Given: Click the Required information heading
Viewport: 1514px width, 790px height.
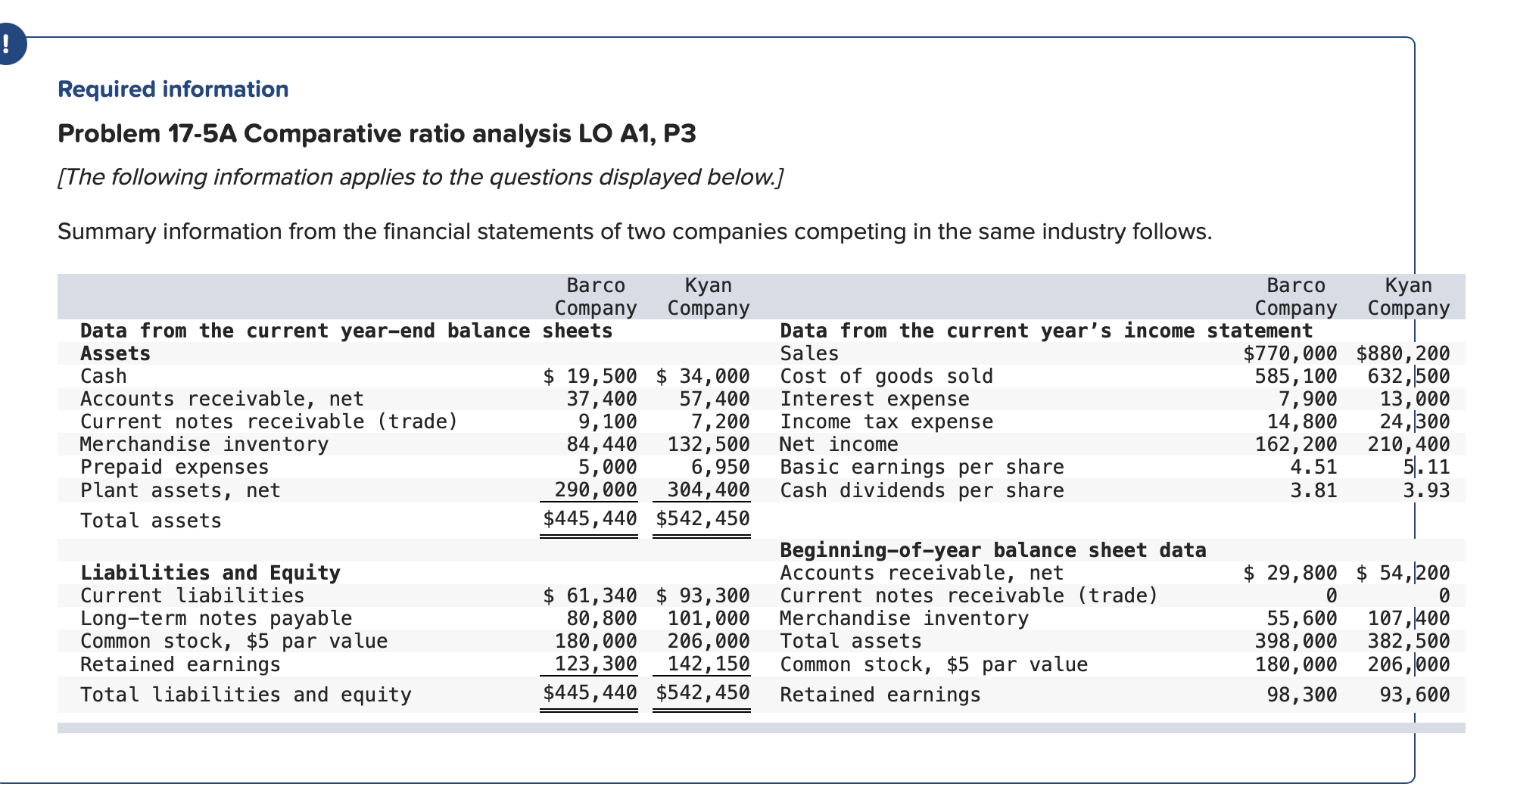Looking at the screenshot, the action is point(173,89).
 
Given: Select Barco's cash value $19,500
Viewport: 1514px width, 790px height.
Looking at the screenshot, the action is point(590,376).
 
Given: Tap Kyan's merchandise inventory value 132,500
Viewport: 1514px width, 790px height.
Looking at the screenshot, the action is point(709,444).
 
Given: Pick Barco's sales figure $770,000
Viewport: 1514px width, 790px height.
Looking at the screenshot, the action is point(1291,353).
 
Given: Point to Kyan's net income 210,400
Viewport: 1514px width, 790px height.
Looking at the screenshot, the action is point(1409,444).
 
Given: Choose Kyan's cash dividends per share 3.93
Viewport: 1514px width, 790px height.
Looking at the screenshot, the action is point(1426,490).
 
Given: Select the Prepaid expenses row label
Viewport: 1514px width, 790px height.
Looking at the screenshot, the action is point(174,467).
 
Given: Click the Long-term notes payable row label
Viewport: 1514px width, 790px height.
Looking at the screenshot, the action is point(216,618).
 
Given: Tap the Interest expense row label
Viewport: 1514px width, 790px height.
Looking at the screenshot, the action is point(874,399).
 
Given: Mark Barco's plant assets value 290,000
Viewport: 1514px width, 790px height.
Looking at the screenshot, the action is point(596,490).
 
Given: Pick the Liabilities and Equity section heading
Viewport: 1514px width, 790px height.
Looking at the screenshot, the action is point(210,573).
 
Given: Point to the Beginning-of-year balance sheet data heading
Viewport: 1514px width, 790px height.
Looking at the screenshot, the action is point(992,550).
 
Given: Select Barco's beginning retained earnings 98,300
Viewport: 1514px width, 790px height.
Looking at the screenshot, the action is point(1302,695).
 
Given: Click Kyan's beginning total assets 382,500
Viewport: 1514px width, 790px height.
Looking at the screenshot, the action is point(1409,641).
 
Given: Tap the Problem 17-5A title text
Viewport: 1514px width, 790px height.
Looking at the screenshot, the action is point(376,134).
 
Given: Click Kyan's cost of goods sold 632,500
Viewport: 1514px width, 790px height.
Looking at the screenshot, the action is point(1409,376).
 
